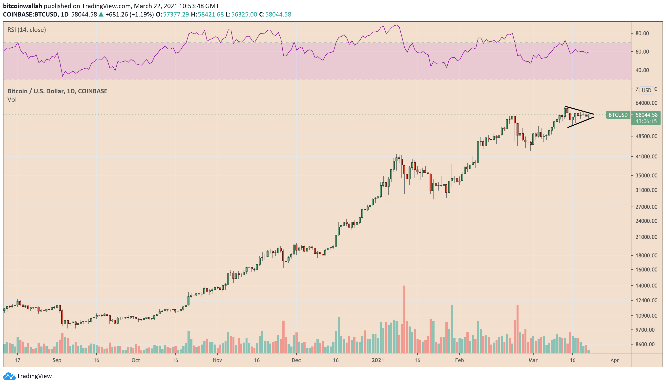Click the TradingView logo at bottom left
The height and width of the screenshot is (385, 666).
(27, 376)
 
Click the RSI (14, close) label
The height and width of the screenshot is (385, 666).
(27, 30)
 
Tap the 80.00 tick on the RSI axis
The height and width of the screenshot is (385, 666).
(642, 33)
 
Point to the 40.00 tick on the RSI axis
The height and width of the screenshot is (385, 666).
(642, 70)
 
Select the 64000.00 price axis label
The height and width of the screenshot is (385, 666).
(646, 103)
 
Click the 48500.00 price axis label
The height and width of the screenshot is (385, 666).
(646, 136)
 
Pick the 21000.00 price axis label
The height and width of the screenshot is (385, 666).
(646, 237)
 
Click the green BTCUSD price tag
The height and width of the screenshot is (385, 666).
(618, 115)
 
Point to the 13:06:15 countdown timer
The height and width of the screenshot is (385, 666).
(646, 121)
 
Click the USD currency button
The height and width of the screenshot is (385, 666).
(646, 90)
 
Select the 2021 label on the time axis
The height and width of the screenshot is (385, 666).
(378, 360)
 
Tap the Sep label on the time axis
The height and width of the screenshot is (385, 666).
(57, 360)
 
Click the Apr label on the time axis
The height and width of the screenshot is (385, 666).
(614, 360)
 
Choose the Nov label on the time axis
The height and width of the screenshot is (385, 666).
(217, 360)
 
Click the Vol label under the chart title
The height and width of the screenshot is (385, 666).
(12, 99)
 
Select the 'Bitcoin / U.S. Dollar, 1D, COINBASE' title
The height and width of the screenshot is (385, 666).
(57, 91)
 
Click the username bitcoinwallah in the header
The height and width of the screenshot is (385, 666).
(22, 6)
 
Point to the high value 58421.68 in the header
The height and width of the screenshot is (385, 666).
(211, 14)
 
